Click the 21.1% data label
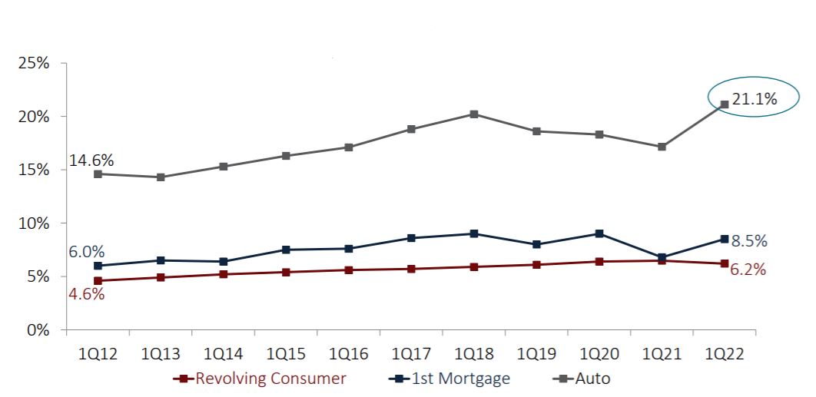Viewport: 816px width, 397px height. click(755, 98)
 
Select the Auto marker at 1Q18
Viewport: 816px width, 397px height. click(474, 114)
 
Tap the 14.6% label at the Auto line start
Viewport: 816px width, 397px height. click(91, 160)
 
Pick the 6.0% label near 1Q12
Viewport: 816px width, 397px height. click(87, 252)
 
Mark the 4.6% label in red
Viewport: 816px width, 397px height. click(87, 293)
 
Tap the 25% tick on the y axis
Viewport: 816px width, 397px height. click(34, 64)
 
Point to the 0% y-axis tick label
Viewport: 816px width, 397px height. click(38, 330)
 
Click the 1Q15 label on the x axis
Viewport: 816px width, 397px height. click(287, 356)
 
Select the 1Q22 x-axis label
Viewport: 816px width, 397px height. click(724, 356)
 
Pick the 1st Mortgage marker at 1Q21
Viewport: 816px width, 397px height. click(662, 257)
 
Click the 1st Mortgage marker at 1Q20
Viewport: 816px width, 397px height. click(599, 234)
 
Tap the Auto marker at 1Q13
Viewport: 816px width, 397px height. click(161, 177)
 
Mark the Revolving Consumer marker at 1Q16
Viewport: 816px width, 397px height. click(349, 270)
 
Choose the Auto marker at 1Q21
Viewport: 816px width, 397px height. click(662, 147)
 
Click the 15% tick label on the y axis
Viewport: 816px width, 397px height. click(34, 170)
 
